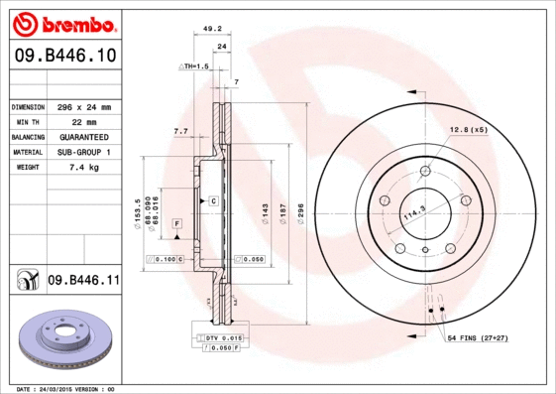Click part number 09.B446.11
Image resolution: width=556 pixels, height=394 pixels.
(x=83, y=281)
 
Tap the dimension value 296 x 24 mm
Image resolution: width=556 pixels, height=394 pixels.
(x=83, y=106)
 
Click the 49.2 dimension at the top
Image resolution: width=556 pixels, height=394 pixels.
(x=210, y=29)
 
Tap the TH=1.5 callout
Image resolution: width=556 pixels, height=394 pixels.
(x=194, y=66)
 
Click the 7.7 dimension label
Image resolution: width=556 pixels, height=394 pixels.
(x=181, y=131)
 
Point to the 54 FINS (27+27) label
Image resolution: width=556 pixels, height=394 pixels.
(x=493, y=340)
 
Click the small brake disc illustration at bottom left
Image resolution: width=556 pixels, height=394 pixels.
(x=67, y=337)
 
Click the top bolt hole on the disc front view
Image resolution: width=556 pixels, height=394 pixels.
(x=425, y=172)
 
